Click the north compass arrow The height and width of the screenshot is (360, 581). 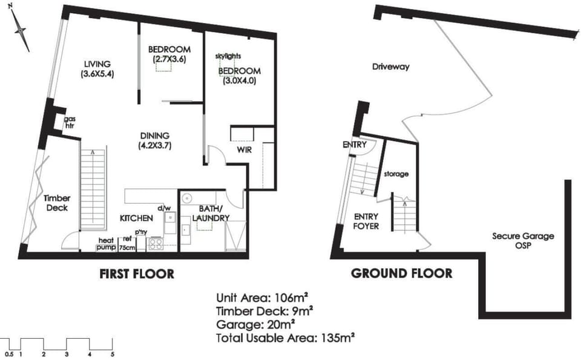coord(21,30)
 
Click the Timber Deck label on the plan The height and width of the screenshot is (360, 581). coord(57,203)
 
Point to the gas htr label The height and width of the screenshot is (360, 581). coord(69,122)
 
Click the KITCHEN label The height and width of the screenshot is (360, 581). coord(136,218)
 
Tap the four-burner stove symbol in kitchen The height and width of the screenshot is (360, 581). coord(156,244)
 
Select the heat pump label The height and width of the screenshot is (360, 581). coord(107,244)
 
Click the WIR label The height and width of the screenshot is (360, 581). coord(244,149)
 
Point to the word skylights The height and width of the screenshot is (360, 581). coord(228,56)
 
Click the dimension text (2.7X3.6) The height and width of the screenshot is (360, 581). coord(169,59)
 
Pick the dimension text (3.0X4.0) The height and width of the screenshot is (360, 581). coord(240,80)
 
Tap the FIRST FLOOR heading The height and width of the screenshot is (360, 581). coord(137,274)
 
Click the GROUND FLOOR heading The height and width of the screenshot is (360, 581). coord(402,273)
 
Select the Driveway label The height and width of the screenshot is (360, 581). coord(391,67)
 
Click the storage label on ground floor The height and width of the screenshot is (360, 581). coord(396,174)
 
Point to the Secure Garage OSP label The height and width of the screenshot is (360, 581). coord(523,240)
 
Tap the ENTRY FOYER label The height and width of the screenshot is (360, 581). coord(366,221)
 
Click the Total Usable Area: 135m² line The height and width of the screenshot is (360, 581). coord(285,338)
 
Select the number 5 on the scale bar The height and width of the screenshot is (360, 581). coord(113,355)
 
